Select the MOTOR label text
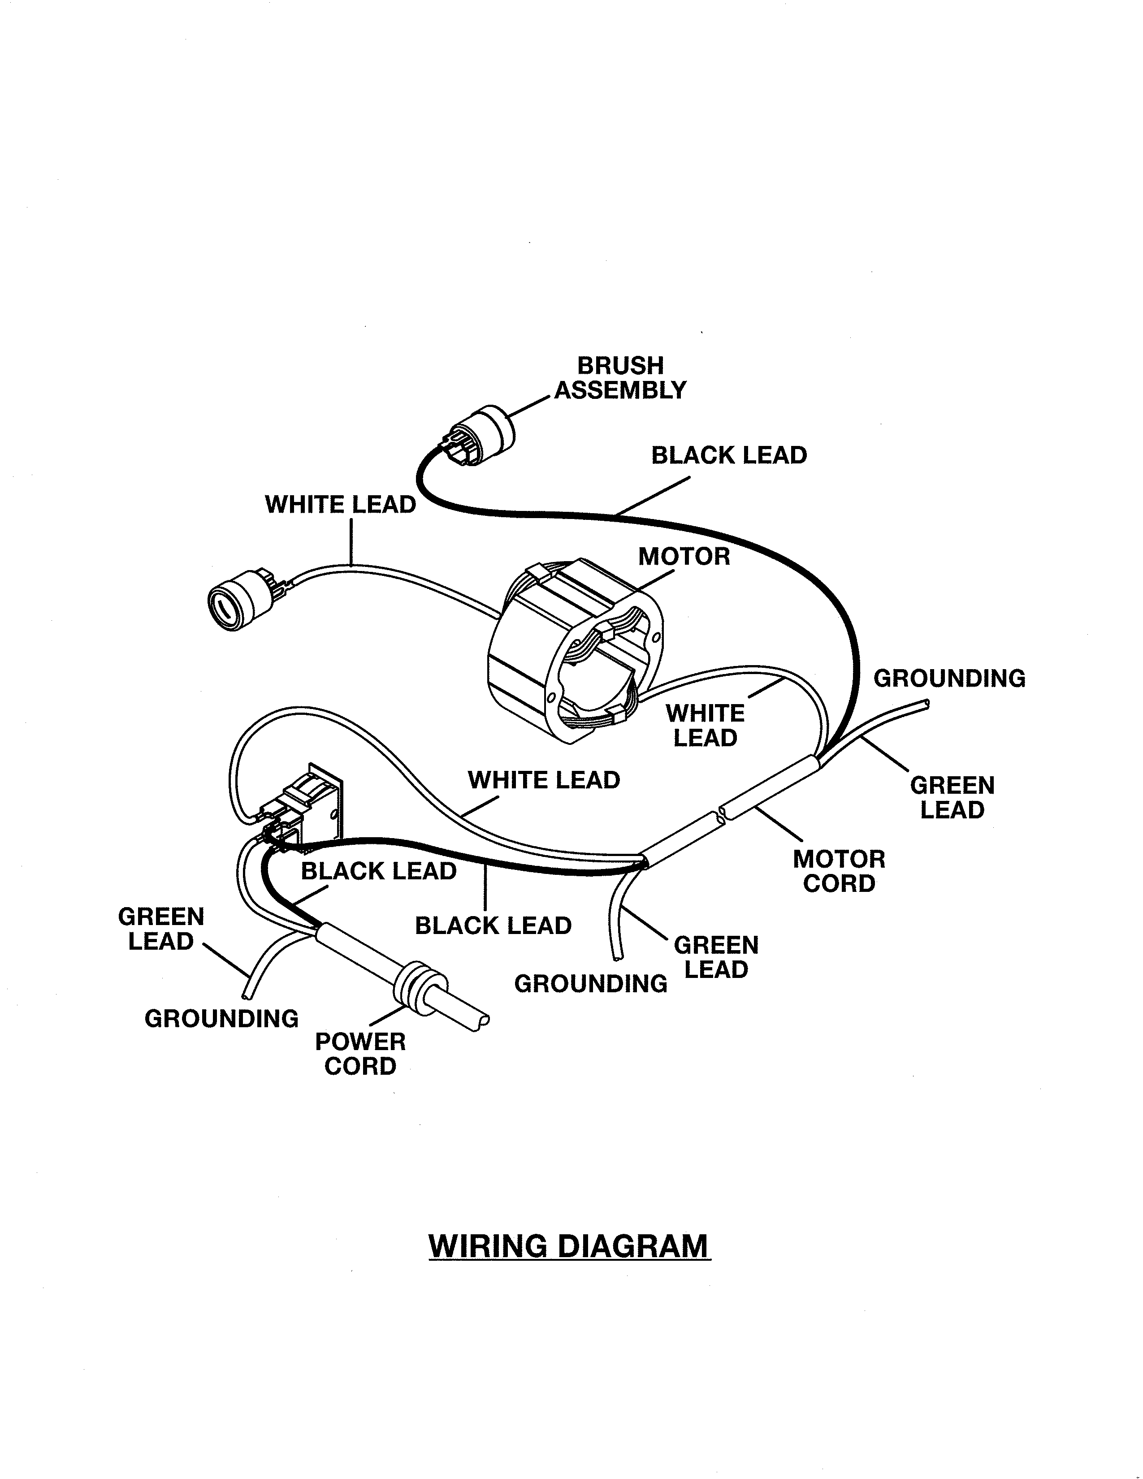pyautogui.click(x=684, y=557)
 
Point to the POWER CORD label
pyautogui.click(x=360, y=1054)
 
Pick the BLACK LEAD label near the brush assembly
pyautogui.click(x=728, y=455)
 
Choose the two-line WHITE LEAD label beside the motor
pyautogui.click(x=705, y=725)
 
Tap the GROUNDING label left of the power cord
pyautogui.click(x=221, y=1019)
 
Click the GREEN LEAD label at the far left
pyautogui.click(x=161, y=929)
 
